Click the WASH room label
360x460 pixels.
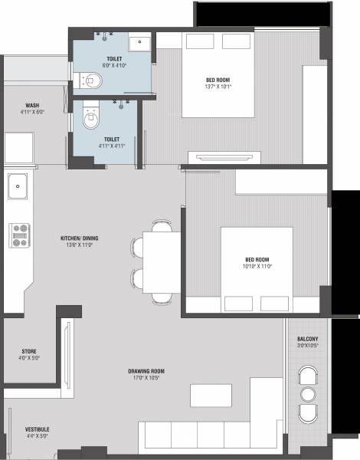click(32, 106)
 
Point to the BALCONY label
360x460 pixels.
click(308, 339)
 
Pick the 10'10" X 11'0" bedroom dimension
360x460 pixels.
click(257, 266)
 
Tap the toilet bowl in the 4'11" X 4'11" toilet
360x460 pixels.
click(91, 117)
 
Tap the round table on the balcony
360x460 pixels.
click(308, 395)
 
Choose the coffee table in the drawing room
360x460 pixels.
click(211, 396)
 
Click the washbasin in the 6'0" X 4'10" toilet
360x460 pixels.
click(140, 44)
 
